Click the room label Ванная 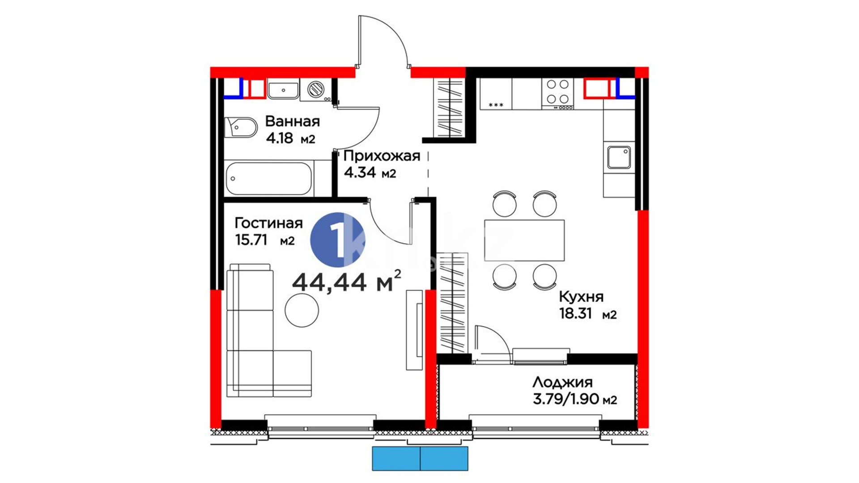pos(293,121)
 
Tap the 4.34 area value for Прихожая pos(360,173)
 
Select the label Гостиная pos(268,223)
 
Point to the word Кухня pos(581,297)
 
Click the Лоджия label pos(562,382)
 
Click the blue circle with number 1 pos(338,240)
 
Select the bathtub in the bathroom pos(268,179)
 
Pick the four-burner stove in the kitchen pos(557,94)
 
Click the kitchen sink pos(619,157)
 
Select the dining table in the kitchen pos(524,240)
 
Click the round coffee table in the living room pos(302,310)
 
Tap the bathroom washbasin pos(283,89)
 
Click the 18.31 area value pos(575,314)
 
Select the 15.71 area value pos(251,240)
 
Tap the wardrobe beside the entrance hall pos(450,107)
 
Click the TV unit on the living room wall pos(414,330)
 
